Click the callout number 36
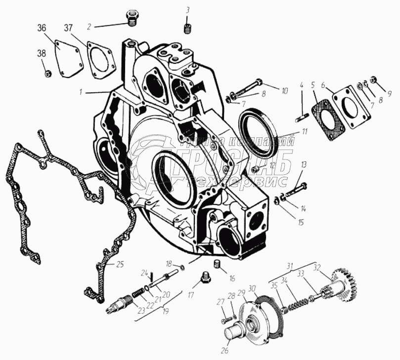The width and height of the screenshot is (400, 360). tap(42, 28)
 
